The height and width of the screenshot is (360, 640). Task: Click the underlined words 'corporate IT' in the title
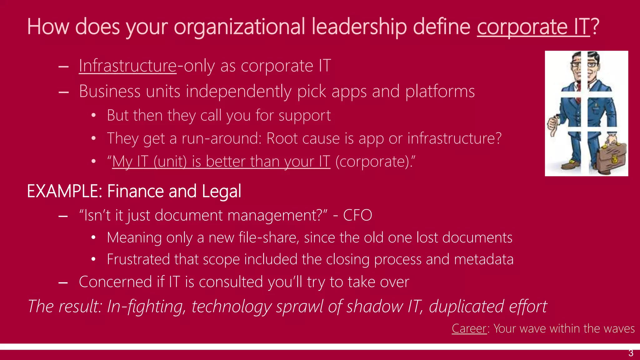[533, 27]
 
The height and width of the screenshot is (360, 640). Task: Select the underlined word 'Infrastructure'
[127, 66]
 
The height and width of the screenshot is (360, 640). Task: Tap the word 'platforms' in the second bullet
[440, 92]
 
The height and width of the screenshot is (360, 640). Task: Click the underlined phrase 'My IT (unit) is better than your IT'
[221, 162]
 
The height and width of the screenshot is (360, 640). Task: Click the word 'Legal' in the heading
[221, 191]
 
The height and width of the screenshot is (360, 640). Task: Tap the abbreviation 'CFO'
[357, 215]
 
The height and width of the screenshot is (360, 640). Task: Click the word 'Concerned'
[115, 282]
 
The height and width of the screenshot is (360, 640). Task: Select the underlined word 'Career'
[469, 328]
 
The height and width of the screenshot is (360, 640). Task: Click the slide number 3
[631, 353]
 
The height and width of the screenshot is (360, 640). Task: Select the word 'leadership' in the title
[359, 27]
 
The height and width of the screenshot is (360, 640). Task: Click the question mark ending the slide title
[595, 27]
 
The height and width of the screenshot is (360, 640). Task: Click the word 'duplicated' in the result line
[466, 306]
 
